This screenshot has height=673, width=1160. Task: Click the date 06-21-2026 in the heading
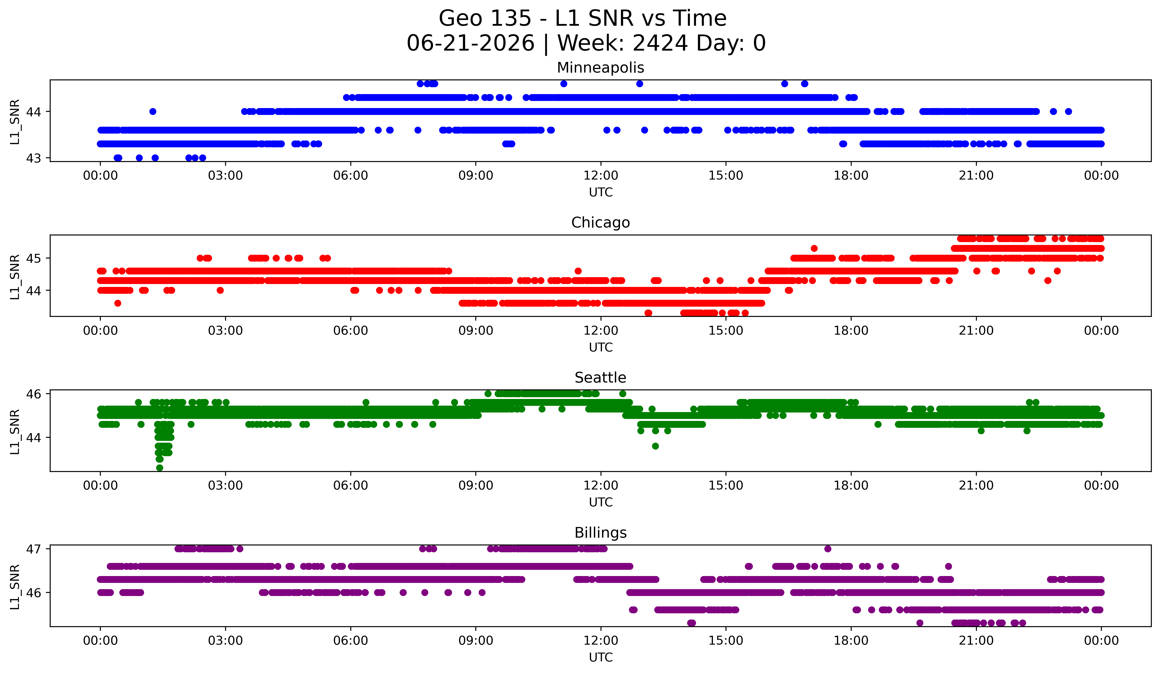pos(470,43)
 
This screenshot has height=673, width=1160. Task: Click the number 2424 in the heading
pos(660,43)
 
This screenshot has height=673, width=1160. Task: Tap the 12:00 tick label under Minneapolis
pos(601,175)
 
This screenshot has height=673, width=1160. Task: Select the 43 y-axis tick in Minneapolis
pos(33,158)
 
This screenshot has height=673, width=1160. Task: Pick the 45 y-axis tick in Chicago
pos(33,258)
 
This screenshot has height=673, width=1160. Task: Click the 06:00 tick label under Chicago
pos(351,330)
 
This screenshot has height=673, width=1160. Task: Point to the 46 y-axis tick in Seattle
pos(33,394)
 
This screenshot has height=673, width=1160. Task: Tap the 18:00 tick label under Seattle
pos(851,485)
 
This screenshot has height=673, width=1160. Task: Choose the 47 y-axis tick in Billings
pos(33,549)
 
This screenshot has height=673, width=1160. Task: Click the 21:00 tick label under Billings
pos(976,640)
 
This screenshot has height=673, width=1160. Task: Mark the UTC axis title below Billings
pos(601,657)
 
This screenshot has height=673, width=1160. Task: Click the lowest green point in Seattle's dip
pos(160,468)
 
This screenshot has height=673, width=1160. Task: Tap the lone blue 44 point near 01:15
pos(153,111)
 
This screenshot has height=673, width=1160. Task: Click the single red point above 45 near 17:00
pos(814,248)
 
